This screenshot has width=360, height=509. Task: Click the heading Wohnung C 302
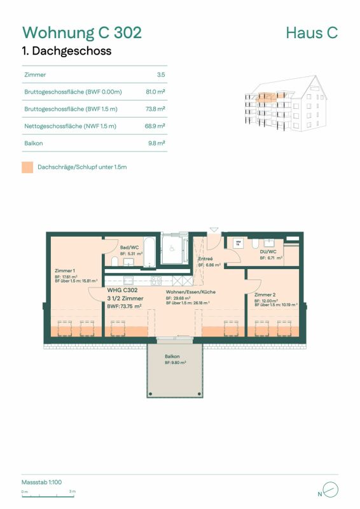coord(82,32)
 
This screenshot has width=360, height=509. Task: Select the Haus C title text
coord(312,32)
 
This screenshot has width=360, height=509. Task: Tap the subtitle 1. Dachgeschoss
coord(67,52)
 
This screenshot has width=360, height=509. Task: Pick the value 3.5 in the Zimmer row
coord(162,74)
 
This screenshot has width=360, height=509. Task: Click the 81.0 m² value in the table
coord(156,92)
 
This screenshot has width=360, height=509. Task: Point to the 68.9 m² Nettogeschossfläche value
coord(156,126)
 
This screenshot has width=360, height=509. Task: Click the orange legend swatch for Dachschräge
coord(27,167)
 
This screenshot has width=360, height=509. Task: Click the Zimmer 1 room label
coord(66,270)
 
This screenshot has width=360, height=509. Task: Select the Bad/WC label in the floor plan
coord(130,247)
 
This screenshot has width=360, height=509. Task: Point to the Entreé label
coord(205,259)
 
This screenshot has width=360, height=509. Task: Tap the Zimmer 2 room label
coord(265,295)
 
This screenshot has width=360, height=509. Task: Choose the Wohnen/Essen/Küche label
coord(191,291)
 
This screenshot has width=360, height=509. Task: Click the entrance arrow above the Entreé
coord(213,230)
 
